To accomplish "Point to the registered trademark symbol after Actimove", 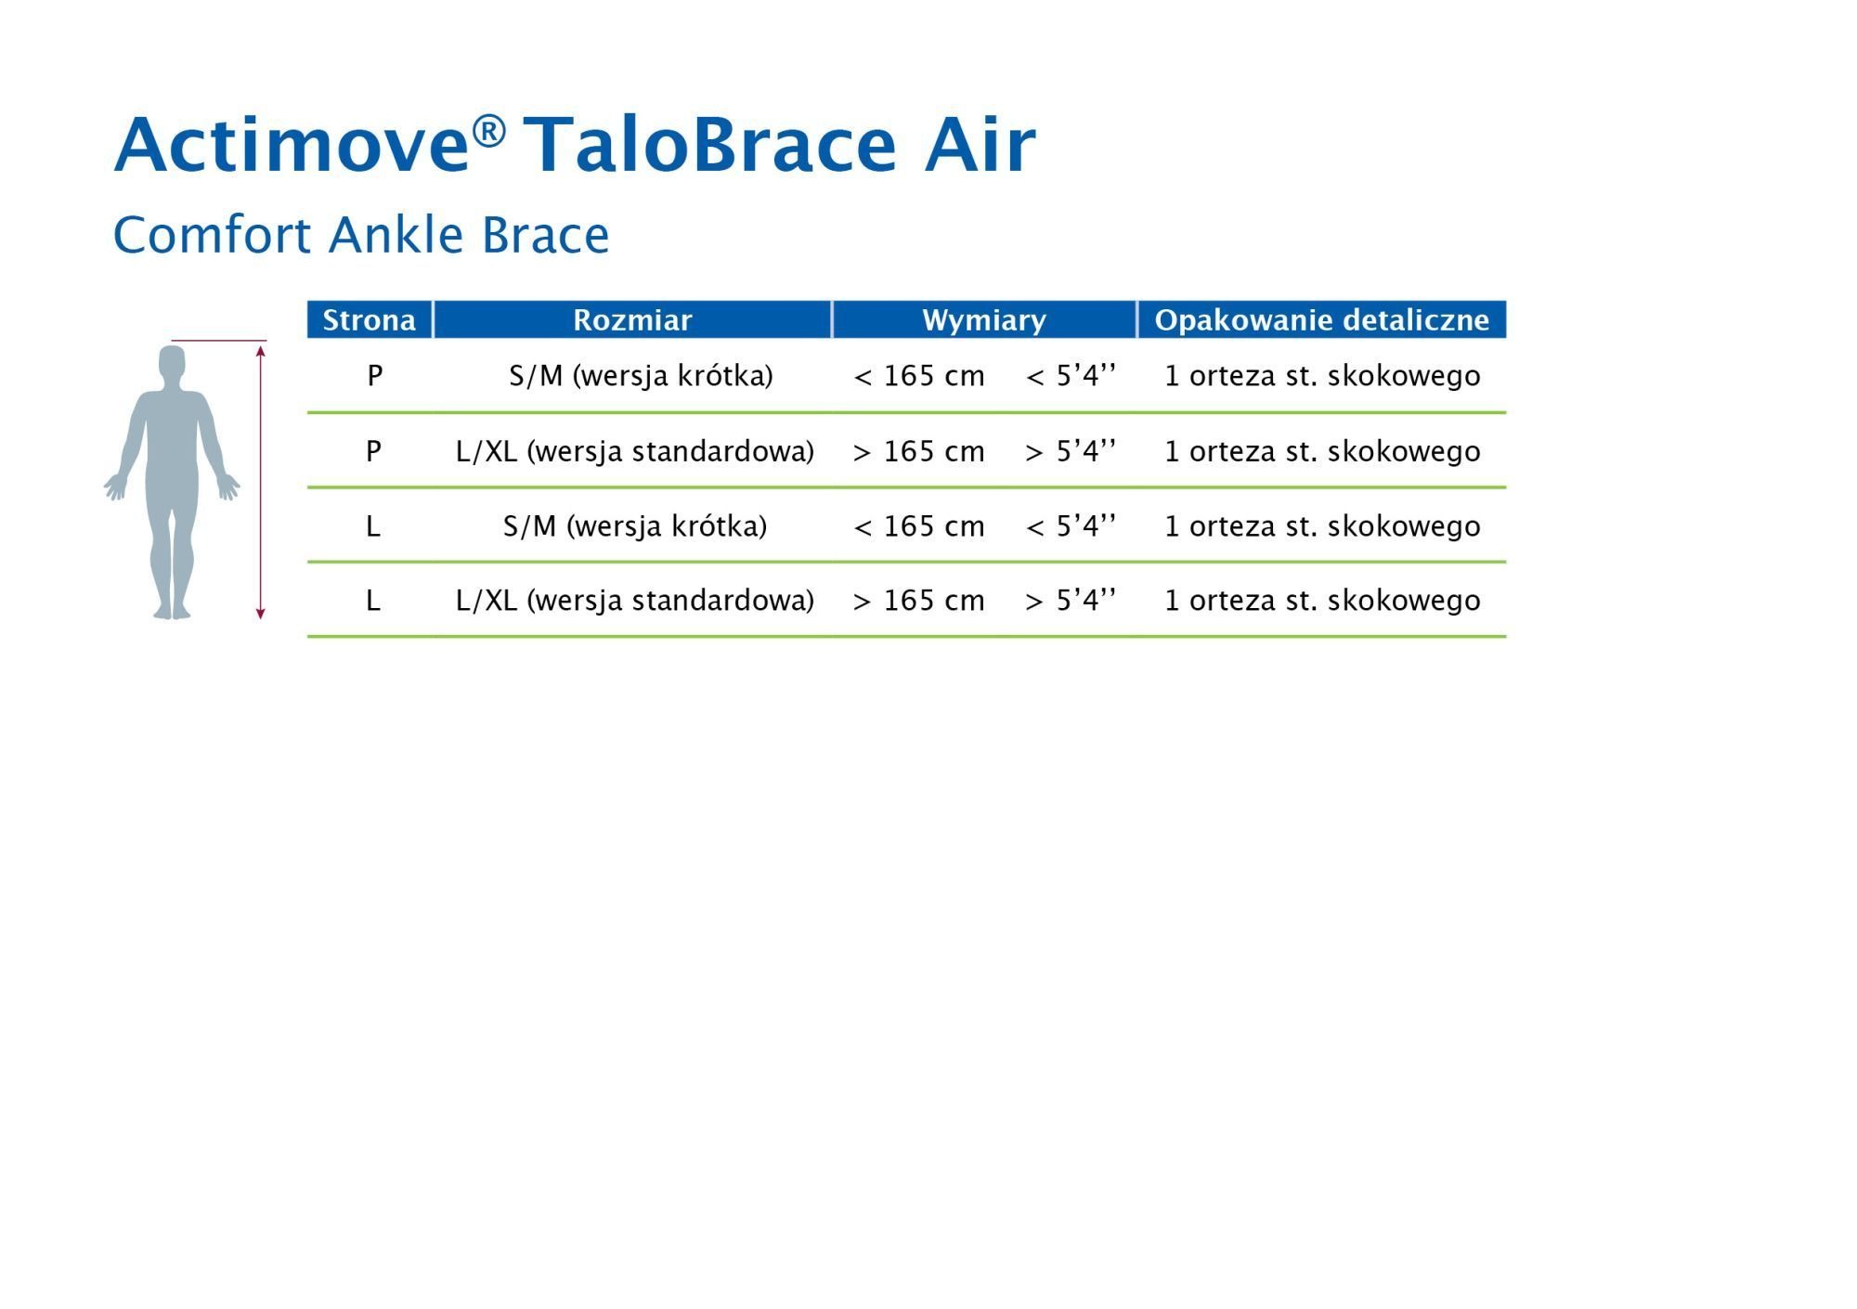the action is [488, 131].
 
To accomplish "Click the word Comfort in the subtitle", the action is [212, 234].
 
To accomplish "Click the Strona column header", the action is [369, 319].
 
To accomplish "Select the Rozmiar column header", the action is [632, 319].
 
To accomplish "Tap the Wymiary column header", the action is [984, 320].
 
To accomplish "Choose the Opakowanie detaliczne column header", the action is [1321, 320].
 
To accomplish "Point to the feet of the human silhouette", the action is [173, 611].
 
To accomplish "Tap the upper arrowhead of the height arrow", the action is [261, 350].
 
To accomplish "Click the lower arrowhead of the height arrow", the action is [261, 613].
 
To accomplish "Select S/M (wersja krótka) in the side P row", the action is [641, 376].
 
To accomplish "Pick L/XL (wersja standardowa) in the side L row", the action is [635, 601].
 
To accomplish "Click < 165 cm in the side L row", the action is [918, 526].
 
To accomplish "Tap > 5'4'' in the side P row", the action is [1071, 451].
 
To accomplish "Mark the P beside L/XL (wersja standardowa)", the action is [373, 451].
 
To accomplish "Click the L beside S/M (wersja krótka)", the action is [373, 526].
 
